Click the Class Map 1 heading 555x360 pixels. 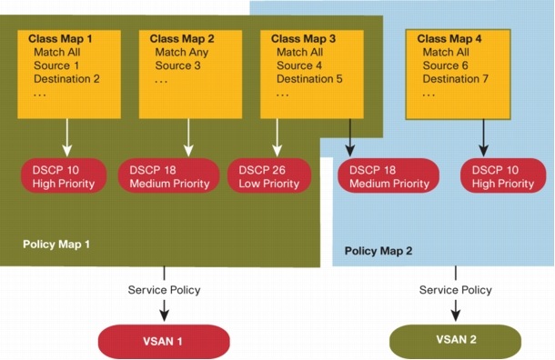[62, 39]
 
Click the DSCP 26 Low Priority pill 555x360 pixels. [272, 175]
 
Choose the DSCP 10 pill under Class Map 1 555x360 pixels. [66, 175]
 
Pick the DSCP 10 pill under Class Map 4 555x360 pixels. [498, 175]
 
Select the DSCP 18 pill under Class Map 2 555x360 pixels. [171, 175]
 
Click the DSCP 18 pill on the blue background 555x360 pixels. [383, 175]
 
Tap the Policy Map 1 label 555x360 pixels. [56, 245]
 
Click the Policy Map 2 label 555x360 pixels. [378, 248]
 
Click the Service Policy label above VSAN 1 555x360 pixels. [164, 290]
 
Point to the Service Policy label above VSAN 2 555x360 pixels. [456, 290]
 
